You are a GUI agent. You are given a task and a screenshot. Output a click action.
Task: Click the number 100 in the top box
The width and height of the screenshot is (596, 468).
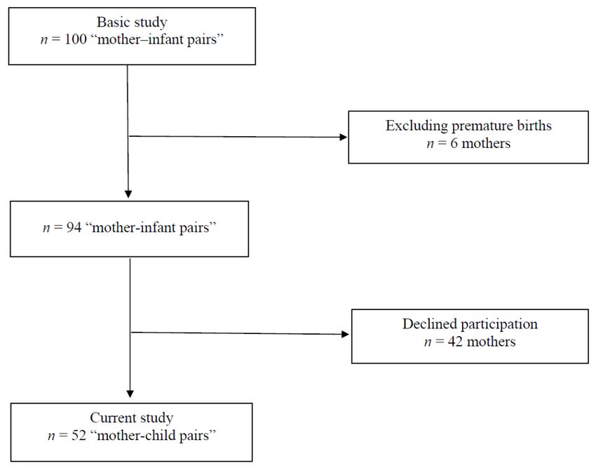pyautogui.click(x=76, y=39)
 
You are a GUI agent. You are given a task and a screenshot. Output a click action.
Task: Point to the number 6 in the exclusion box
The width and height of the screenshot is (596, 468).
pyautogui.click(x=454, y=143)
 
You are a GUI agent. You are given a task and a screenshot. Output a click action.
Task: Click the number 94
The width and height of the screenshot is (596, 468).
pyautogui.click(x=74, y=227)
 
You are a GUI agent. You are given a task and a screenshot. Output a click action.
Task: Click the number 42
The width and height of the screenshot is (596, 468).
pyautogui.click(x=455, y=342)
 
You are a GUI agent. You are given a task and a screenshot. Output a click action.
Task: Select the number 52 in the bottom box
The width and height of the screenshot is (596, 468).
pyautogui.click(x=79, y=435)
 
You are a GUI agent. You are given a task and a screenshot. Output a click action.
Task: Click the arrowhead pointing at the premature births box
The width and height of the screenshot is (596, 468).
pyautogui.click(x=344, y=137)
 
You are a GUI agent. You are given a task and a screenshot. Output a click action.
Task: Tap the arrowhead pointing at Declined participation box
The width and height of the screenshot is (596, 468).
pyautogui.click(x=345, y=335)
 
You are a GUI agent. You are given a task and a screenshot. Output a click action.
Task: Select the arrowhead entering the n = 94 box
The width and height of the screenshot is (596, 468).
pyautogui.click(x=128, y=194)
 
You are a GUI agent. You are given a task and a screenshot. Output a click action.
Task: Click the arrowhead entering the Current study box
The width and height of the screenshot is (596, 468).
pyautogui.click(x=130, y=394)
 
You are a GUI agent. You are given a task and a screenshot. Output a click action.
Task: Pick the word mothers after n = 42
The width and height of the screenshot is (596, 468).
pyautogui.click(x=491, y=342)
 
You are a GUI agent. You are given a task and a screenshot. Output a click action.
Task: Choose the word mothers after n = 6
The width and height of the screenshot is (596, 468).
pyautogui.click(x=486, y=143)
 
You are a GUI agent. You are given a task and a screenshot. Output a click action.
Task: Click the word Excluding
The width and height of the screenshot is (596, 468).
pyautogui.click(x=416, y=126)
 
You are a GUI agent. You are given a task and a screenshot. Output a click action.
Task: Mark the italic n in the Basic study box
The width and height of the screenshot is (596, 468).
pyautogui.click(x=44, y=39)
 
